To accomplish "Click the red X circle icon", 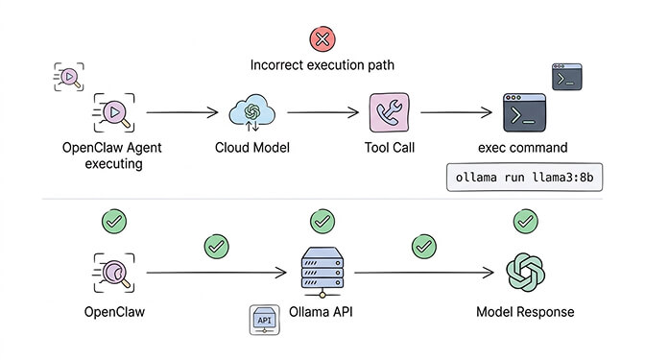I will point(322,38).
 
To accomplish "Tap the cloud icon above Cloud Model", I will point(252,113).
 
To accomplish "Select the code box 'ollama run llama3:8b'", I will point(523,180).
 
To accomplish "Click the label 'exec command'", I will point(523,150).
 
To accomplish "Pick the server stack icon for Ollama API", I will point(322,268).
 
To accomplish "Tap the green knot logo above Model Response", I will point(525,272).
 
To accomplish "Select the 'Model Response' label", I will point(525,313).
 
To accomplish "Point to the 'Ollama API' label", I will point(322,313).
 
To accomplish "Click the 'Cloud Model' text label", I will point(252,150).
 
